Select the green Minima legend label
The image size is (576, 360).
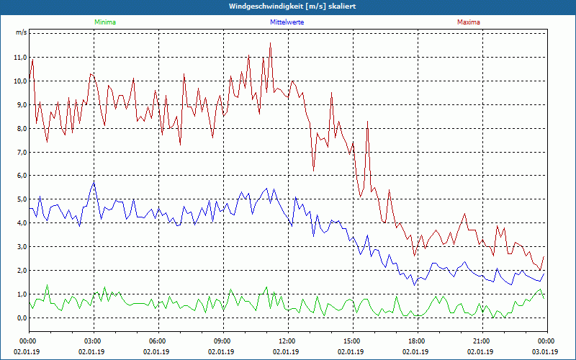pos(104,22)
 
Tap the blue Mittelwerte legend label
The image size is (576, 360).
pos(287,22)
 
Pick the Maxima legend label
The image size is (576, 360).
pos(469,22)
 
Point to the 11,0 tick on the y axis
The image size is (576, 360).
pos(20,58)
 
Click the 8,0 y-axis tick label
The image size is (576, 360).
pos(20,129)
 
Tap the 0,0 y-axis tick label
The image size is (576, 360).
pos(20,318)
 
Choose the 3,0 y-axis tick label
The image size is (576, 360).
pos(20,247)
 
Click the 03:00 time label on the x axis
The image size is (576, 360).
pos(93,341)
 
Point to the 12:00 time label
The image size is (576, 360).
pos(287,341)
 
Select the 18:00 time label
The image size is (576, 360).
pos(417,341)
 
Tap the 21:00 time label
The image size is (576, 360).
pos(482,341)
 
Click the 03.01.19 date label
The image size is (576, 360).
pos(545,352)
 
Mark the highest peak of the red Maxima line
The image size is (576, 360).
pos(271,43)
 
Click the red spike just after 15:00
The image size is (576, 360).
pos(368,122)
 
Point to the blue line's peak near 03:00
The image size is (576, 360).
pos(94,182)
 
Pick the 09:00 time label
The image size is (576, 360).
pos(222,341)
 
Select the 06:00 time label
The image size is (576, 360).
pos(158,341)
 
